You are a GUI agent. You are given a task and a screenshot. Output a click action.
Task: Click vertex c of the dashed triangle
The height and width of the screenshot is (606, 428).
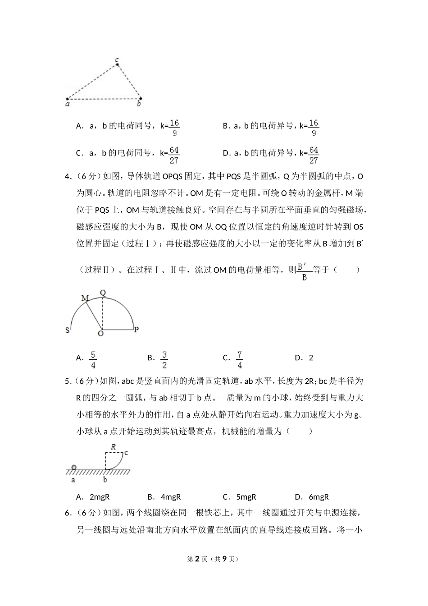click(x=117, y=64)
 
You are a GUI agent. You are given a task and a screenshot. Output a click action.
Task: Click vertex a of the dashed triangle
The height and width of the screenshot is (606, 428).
click(x=68, y=99)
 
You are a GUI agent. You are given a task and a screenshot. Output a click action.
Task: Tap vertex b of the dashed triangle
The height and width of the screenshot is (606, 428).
click(x=140, y=98)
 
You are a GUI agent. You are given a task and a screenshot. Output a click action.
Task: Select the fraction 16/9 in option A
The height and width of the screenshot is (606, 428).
click(x=174, y=128)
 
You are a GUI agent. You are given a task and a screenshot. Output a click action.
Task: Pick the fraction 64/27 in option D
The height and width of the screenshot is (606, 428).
click(x=314, y=155)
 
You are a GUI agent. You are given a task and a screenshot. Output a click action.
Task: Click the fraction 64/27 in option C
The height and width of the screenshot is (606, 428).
click(x=174, y=155)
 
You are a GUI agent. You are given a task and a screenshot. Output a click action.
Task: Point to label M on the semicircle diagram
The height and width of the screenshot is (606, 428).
click(x=85, y=298)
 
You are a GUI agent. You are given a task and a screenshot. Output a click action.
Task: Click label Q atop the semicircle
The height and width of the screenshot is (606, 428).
click(x=103, y=293)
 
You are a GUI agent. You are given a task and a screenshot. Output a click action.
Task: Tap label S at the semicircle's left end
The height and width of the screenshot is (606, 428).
click(x=68, y=330)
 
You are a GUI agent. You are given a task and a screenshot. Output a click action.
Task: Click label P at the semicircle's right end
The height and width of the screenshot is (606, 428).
click(x=136, y=330)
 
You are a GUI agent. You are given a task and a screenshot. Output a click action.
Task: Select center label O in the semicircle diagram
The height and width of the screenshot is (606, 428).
click(x=100, y=334)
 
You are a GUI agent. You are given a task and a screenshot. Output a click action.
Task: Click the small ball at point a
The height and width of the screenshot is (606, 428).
click(x=74, y=467)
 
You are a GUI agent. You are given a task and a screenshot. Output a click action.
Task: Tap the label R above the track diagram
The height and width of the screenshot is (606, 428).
click(x=113, y=447)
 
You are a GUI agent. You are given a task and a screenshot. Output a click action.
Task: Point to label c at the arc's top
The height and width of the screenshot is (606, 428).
click(x=126, y=452)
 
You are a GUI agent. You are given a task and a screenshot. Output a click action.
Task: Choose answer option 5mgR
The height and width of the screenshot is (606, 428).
click(x=246, y=497)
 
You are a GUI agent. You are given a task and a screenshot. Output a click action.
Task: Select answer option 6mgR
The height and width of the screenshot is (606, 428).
click(x=319, y=497)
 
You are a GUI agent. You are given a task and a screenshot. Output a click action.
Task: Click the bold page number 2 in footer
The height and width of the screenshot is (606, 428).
click(x=196, y=559)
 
